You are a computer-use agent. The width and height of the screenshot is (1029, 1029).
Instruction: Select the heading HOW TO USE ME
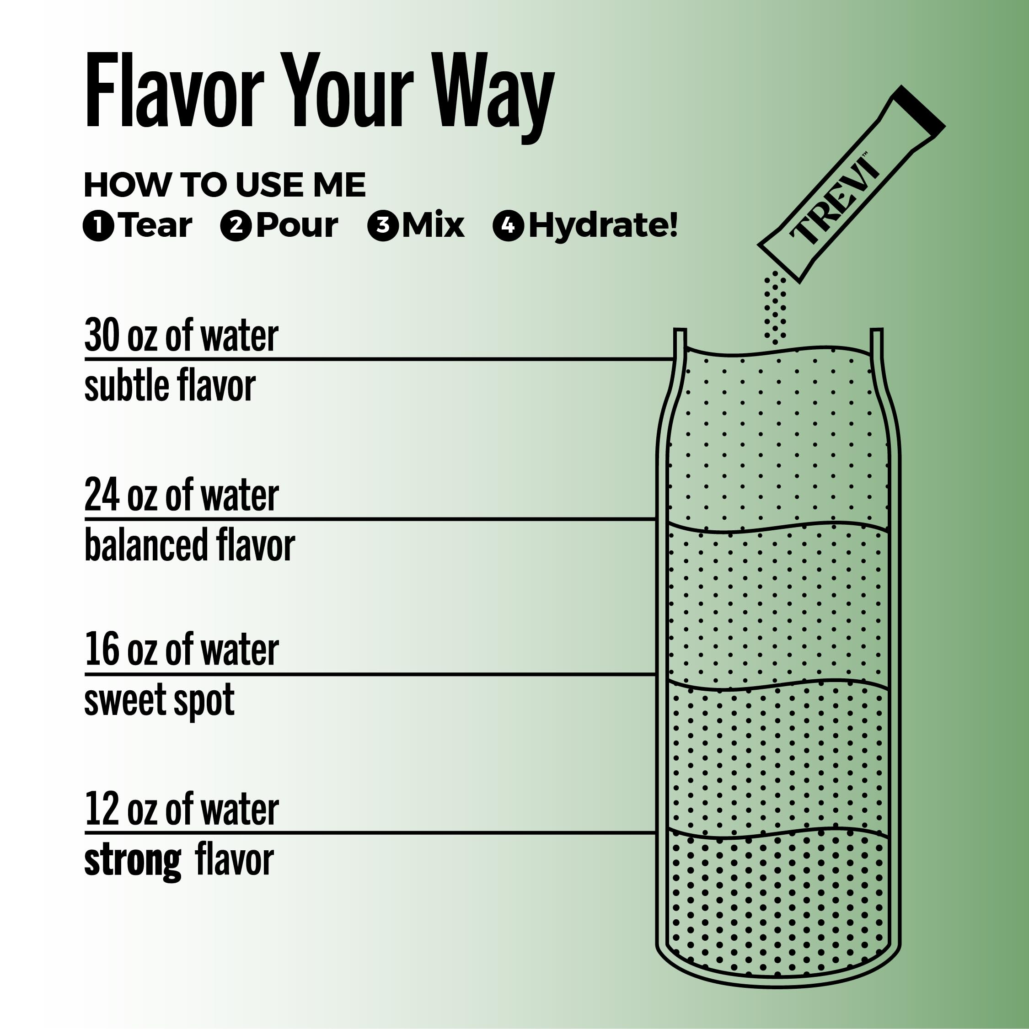coord(225,185)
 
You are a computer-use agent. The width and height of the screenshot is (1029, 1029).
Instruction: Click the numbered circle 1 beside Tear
coord(99,226)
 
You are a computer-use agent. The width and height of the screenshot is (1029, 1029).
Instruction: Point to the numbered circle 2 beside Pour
coord(236,226)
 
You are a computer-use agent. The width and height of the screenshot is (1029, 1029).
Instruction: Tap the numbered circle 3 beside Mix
coord(383,226)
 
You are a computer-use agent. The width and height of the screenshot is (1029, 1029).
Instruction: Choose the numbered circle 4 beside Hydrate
coord(509,226)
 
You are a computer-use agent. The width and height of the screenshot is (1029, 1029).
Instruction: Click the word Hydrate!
coord(603,226)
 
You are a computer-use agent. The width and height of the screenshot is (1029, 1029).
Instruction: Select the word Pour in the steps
coord(297,226)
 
